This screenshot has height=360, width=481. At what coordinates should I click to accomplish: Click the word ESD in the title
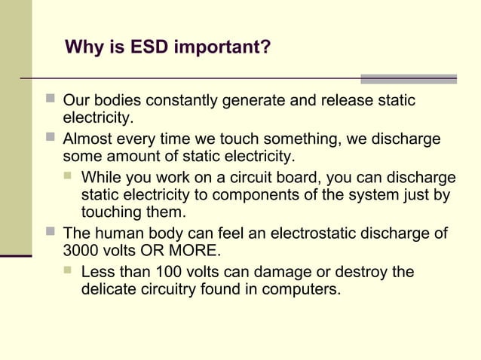click(149, 48)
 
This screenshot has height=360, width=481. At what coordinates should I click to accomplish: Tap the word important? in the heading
click(224, 49)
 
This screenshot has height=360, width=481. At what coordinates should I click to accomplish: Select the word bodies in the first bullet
click(121, 101)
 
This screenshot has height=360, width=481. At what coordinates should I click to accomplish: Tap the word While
click(103, 178)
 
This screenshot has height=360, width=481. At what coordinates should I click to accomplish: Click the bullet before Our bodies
click(51, 100)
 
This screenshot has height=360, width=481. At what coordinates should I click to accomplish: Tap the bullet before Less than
click(69, 271)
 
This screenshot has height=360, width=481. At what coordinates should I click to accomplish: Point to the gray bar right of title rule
click(408, 78)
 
